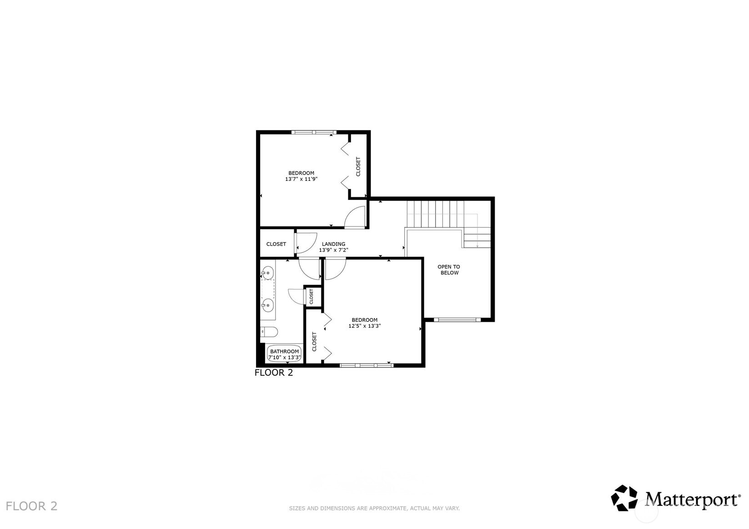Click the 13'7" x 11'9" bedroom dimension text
click(x=301, y=179)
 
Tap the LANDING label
click(x=333, y=244)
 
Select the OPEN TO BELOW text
click(x=449, y=270)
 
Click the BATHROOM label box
click(x=285, y=354)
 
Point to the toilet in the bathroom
click(x=269, y=332)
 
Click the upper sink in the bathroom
click(x=267, y=273)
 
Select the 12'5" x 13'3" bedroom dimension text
click(x=364, y=326)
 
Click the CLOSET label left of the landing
click(x=276, y=244)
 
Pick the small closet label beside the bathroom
click(x=312, y=296)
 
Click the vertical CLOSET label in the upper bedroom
click(x=358, y=167)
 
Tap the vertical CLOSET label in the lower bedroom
click(x=314, y=342)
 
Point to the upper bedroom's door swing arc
click(x=355, y=217)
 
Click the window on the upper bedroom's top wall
click(x=313, y=132)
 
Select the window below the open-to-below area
click(x=457, y=319)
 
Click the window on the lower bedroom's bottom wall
click(x=367, y=364)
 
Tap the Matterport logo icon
click(x=624, y=498)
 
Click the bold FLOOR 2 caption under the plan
click(x=274, y=373)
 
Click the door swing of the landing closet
click(x=307, y=243)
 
